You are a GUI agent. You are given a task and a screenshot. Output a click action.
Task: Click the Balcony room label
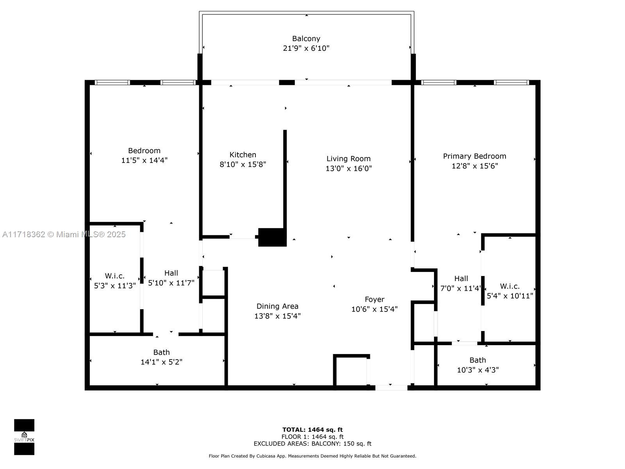click(x=306, y=38)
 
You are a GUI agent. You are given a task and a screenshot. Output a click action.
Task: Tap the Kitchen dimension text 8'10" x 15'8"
click(x=243, y=164)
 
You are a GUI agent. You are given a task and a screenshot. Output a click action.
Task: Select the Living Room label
click(x=348, y=159)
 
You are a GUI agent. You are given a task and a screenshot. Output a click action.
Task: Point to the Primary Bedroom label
click(x=474, y=156)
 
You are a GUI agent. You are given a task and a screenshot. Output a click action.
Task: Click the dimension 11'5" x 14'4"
click(x=144, y=160)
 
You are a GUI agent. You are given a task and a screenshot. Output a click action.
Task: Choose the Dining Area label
click(x=277, y=306)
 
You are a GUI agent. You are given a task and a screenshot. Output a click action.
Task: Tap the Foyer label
click(x=375, y=299)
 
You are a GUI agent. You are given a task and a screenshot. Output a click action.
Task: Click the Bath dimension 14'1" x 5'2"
click(x=161, y=362)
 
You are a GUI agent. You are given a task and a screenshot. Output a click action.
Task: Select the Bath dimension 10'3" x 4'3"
click(x=478, y=370)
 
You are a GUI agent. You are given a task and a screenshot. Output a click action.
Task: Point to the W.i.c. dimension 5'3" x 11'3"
click(x=115, y=286)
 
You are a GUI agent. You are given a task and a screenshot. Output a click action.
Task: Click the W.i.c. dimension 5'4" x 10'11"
click(x=510, y=296)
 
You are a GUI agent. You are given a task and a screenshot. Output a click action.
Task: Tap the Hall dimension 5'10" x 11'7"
click(x=171, y=283)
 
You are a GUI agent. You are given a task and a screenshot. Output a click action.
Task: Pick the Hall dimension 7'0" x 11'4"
click(x=461, y=288)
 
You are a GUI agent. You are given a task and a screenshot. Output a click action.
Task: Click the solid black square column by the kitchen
click(x=272, y=237)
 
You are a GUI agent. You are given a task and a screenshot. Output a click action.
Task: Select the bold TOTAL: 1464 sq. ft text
click(x=312, y=430)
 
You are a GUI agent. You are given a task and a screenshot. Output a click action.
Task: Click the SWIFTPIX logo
click(x=24, y=437)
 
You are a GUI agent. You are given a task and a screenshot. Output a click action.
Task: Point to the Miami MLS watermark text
click(x=64, y=234)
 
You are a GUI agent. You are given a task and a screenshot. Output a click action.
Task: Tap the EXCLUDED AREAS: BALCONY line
click(x=312, y=444)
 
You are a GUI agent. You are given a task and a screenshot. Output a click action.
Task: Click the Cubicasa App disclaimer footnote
click(x=312, y=456)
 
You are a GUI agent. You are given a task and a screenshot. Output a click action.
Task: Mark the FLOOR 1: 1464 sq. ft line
click(x=312, y=437)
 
